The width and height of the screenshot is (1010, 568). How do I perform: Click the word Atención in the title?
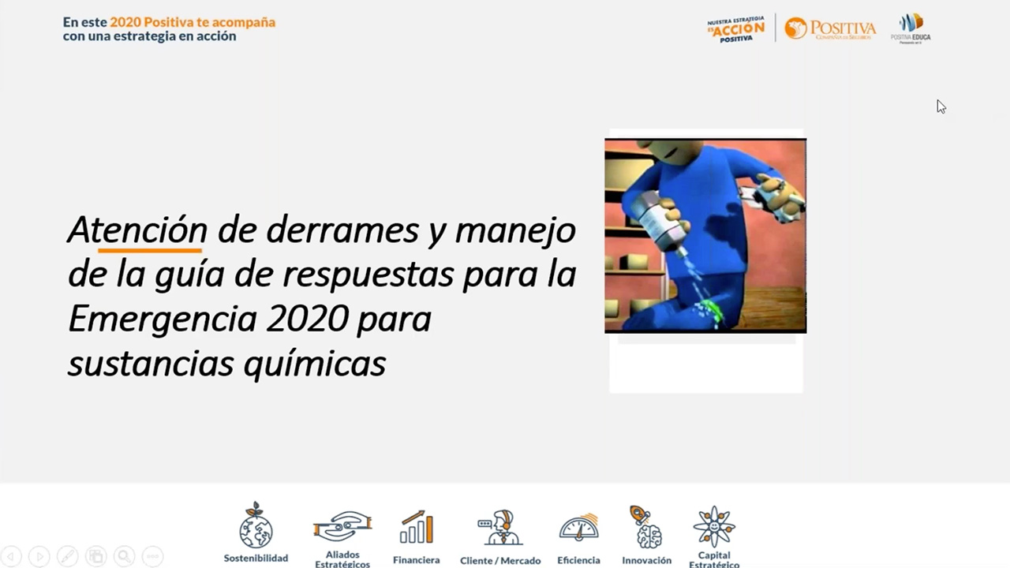pos(137,230)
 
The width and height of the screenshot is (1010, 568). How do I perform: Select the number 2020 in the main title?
pos(308,319)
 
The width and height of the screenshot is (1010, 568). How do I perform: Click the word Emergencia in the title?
pos(163,319)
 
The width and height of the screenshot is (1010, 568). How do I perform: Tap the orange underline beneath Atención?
pos(150,250)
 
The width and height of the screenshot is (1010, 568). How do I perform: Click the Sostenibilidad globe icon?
pos(256,526)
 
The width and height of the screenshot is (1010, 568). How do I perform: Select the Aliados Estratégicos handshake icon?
pos(342,525)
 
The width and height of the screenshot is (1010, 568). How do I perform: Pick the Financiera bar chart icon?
pos(417,527)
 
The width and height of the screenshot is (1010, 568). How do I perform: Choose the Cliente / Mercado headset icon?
pos(499,527)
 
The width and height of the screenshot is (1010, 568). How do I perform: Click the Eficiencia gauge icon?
pos(578,527)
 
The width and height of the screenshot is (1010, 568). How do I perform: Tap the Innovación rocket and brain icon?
pos(645,527)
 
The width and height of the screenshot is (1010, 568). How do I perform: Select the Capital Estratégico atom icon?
pos(714,526)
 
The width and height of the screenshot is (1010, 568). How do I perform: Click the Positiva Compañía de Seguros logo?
pos(830,28)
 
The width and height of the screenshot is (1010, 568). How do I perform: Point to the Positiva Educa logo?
pos(911,28)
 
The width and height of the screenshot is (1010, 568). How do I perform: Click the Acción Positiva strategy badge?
pos(735,29)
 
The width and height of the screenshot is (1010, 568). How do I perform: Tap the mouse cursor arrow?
pos(941,106)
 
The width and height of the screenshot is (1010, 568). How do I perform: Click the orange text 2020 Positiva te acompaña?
pos(193,22)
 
